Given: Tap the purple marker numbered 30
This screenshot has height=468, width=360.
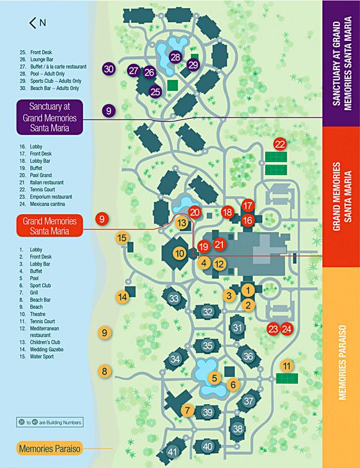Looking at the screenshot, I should pos(110,69).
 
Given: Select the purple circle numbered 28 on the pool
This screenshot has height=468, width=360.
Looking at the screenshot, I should pos(175,57).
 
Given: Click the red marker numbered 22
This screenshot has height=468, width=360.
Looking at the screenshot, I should pos(280,144).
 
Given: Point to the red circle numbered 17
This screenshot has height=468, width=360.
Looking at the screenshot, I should pos(248,206).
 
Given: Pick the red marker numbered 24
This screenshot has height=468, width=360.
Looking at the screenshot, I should pos(286,329).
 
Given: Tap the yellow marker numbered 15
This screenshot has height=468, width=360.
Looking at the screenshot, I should pos(122,238).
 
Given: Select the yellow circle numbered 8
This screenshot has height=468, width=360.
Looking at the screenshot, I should pos(105,371).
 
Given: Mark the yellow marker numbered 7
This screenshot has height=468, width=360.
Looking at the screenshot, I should pos(188,410).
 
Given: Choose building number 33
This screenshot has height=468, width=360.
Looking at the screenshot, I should pos(174,299).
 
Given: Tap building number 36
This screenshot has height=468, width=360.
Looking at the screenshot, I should pos(248,356).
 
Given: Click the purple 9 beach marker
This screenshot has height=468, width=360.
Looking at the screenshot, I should pos(109,111).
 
